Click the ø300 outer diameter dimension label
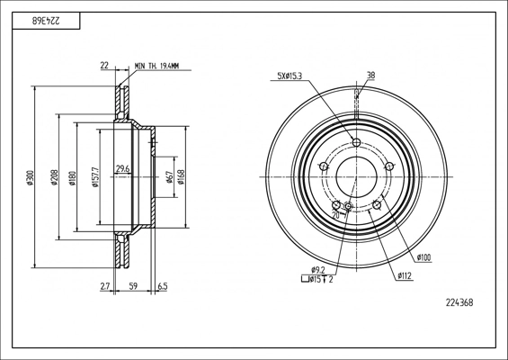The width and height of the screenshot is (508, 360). point(31,177)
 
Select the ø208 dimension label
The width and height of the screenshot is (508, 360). point(55,177)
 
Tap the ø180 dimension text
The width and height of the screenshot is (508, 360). point(72,178)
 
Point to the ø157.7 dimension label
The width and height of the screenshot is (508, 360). point(95,177)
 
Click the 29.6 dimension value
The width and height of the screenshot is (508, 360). point(123,168)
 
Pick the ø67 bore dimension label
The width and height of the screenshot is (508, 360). point(170,177)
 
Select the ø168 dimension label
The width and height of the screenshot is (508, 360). point(181,177)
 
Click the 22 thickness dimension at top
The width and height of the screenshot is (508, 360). point(104,66)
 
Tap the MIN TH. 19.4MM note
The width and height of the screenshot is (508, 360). point(156,67)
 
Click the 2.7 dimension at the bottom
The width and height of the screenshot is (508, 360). point(105,286)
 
